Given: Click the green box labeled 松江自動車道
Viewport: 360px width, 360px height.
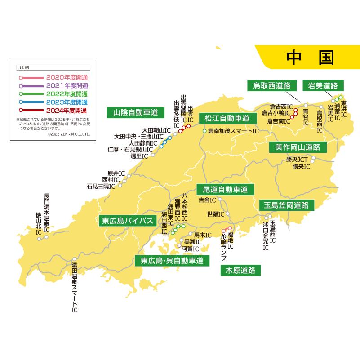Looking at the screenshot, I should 227,119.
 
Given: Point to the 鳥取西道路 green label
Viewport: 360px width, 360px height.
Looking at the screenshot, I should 271,85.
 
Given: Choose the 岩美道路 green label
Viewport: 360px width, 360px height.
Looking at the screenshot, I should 323,85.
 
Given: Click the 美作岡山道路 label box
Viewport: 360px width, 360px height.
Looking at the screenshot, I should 298,147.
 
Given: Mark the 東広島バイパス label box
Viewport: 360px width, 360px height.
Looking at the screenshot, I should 128,221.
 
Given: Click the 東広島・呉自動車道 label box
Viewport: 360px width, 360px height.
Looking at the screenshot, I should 172,260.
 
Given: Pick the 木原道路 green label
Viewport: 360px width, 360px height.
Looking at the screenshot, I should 240,271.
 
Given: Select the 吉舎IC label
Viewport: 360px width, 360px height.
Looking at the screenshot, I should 207,200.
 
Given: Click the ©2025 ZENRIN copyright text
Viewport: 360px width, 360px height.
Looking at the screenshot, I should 69,134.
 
